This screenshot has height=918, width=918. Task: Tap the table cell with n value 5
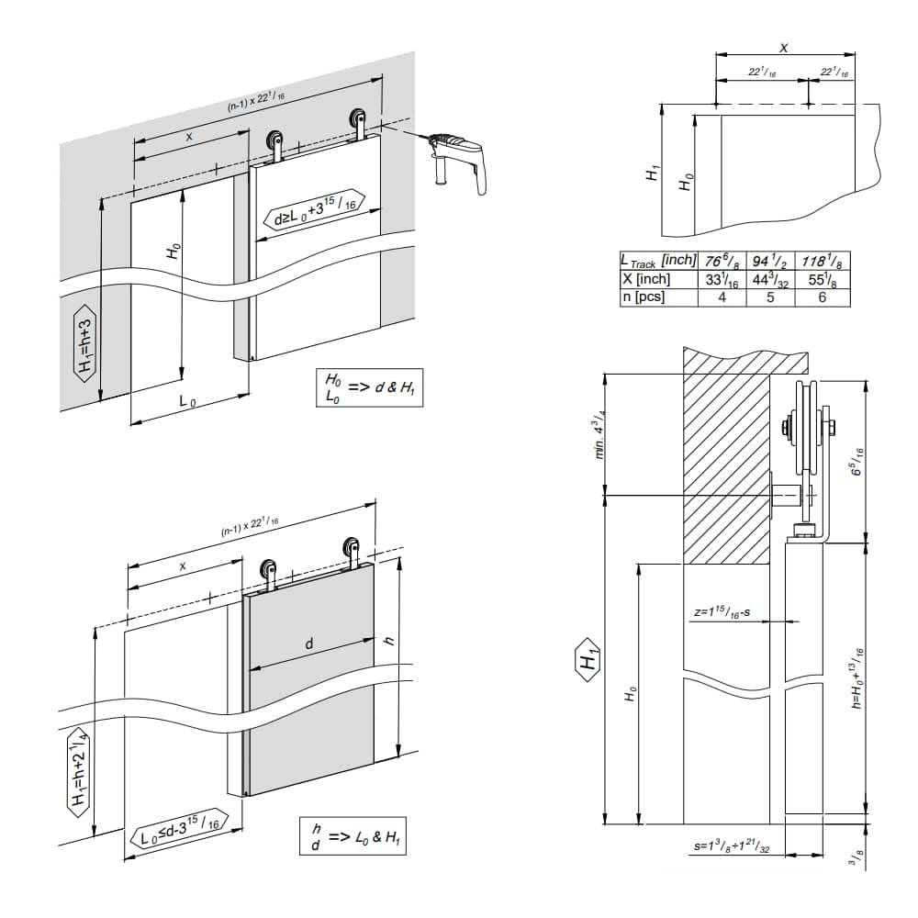point(771,297)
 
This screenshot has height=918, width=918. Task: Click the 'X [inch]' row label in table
point(647,280)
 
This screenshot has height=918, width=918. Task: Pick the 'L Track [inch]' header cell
point(659,263)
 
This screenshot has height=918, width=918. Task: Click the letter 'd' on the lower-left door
point(309,644)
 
